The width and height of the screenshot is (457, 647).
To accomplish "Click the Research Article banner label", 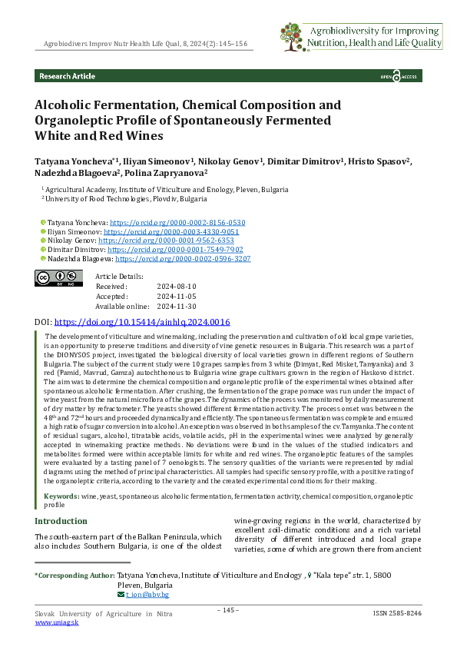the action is pos(68,76).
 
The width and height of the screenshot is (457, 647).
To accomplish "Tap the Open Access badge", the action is pos(399,77).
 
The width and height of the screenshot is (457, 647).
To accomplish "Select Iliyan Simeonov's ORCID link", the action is pos(171,231).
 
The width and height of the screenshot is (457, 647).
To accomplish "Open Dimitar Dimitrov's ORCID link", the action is pos(175,250).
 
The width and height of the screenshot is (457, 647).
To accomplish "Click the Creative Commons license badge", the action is pos(58,277).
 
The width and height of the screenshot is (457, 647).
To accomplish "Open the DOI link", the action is pos(142,323).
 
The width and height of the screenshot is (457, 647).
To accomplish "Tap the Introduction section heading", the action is pos(61,521).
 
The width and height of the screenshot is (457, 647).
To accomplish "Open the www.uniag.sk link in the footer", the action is pos(55,623).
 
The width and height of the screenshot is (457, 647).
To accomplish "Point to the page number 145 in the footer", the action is pos(228,611).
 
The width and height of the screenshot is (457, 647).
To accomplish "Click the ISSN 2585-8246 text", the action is pos(396,614).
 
